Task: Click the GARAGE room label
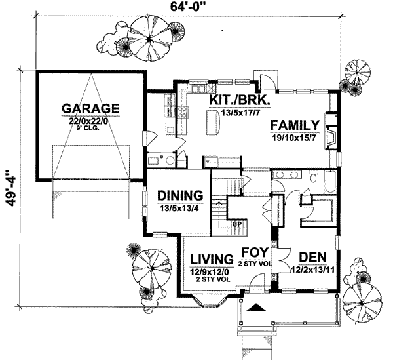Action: click(90, 108)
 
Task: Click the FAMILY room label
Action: click(295, 125)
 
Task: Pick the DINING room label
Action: click(177, 196)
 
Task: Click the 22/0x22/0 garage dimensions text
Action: click(90, 120)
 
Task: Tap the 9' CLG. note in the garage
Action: click(90, 129)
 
